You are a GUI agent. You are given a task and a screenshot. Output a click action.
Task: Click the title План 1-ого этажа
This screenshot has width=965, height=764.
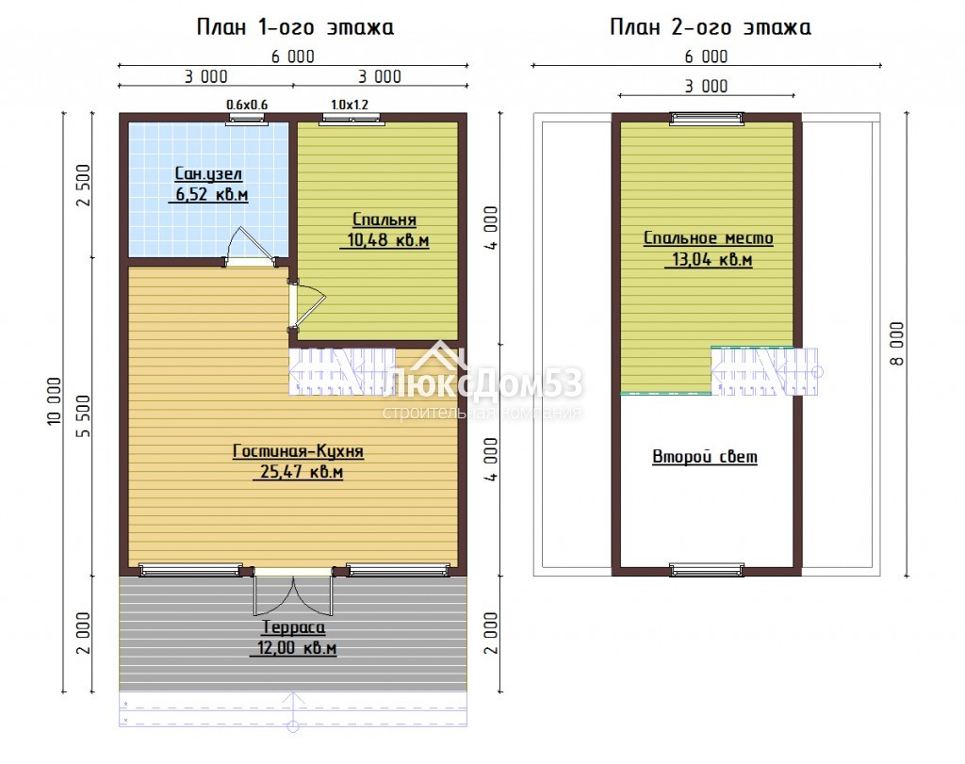click(295, 27)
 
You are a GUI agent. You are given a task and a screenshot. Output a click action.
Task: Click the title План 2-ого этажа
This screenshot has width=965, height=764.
click(711, 27)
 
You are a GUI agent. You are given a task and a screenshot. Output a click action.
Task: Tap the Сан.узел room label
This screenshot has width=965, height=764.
click(208, 174)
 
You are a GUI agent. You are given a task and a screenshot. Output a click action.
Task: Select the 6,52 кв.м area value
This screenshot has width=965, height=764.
click(212, 194)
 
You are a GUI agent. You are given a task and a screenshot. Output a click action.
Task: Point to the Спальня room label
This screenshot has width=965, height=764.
click(384, 219)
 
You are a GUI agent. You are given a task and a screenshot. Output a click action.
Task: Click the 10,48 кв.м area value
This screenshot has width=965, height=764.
click(387, 240)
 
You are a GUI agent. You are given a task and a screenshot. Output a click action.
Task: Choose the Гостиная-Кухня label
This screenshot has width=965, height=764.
click(298, 451)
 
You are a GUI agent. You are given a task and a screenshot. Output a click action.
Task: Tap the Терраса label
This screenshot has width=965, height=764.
click(294, 627)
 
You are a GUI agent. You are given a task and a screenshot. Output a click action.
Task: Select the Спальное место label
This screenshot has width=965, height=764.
click(709, 238)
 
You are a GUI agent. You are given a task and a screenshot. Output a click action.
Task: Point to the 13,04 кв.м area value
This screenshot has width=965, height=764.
click(712, 259)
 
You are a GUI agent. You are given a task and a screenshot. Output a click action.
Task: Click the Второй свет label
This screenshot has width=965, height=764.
click(705, 457)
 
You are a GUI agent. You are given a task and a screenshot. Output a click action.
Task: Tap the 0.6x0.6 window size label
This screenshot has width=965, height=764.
click(247, 106)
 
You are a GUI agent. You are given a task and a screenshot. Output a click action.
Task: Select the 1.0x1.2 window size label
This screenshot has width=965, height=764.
click(350, 106)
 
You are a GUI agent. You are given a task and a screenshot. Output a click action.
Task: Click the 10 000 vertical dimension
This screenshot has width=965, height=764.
click(54, 401)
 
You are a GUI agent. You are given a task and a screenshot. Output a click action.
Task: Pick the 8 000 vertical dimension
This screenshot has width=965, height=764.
click(897, 344)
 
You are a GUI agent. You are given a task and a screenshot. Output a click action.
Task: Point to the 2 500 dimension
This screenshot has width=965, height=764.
click(83, 186)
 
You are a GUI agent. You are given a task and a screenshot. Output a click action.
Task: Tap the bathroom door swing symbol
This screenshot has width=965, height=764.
click(250, 247)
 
